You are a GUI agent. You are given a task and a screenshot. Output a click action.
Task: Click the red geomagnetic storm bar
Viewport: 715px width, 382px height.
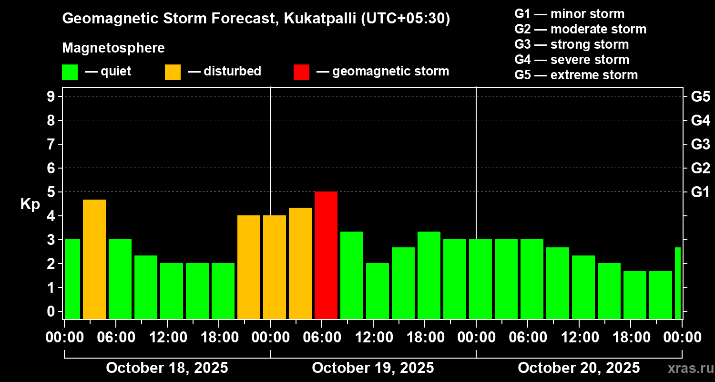pyautogui.click(x=326, y=255)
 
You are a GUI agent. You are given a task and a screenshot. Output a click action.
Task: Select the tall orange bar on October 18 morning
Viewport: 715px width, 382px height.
pyautogui.click(x=94, y=259)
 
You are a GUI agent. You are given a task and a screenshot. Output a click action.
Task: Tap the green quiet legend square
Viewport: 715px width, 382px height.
pyautogui.click(x=70, y=72)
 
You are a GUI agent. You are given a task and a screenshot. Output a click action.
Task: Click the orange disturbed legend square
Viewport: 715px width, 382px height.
pyautogui.click(x=173, y=72)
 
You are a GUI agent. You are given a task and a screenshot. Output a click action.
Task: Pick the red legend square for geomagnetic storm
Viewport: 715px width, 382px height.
pyautogui.click(x=301, y=72)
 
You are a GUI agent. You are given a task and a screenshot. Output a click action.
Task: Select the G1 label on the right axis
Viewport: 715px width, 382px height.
pyautogui.click(x=700, y=192)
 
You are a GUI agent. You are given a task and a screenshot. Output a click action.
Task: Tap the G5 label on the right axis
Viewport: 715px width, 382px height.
pyautogui.click(x=700, y=96)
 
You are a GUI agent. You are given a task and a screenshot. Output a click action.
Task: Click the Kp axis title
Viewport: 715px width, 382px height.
pyautogui.click(x=30, y=204)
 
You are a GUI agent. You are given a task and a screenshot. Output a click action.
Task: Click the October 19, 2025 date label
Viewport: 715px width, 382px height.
pyautogui.click(x=373, y=368)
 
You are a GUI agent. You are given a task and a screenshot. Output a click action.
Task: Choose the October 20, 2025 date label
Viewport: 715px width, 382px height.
pyautogui.click(x=579, y=368)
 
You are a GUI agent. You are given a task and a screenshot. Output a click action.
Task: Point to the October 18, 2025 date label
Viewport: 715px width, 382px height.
pyautogui.click(x=167, y=368)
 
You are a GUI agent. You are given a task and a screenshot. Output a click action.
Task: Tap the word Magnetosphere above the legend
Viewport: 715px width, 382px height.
pyautogui.click(x=113, y=48)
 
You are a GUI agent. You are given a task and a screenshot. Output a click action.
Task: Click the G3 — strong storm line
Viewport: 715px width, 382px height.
pyautogui.click(x=572, y=44)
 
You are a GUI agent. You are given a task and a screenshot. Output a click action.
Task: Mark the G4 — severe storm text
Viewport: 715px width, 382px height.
pyautogui.click(x=572, y=60)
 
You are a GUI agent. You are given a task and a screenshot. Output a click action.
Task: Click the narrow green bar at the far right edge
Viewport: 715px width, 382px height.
pyautogui.click(x=678, y=283)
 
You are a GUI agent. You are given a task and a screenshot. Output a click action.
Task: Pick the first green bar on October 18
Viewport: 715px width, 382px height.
pyautogui.click(x=72, y=279)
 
